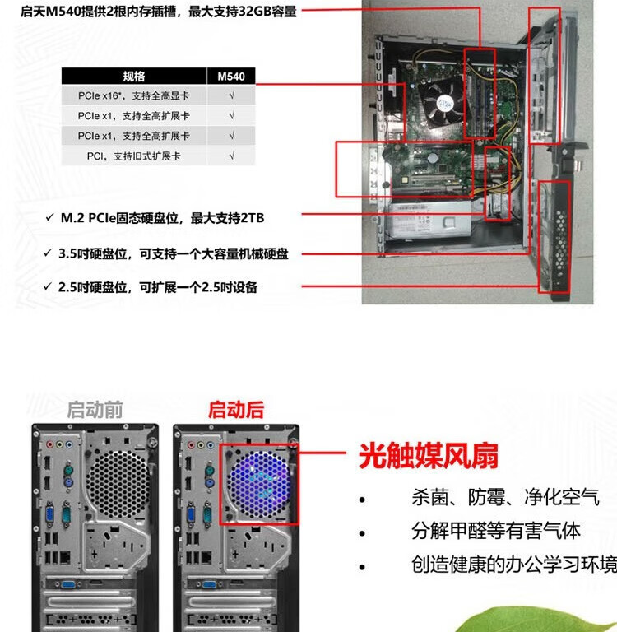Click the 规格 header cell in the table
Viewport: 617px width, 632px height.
tap(133, 77)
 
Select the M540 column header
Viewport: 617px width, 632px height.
tap(231, 77)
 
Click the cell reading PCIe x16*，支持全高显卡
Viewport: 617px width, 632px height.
tap(133, 96)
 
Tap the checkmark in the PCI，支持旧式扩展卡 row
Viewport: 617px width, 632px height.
tap(231, 156)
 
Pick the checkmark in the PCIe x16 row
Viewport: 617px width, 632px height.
tap(231, 96)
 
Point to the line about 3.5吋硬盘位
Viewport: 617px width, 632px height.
tap(173, 254)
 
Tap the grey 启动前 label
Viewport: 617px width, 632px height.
tap(95, 410)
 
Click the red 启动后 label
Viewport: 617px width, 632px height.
tap(235, 410)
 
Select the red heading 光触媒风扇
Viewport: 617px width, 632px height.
tap(428, 456)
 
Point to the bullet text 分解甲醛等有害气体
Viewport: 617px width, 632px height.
tap(496, 531)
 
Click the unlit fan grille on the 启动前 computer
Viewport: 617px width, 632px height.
tap(118, 480)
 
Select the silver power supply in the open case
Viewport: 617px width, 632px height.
tap(433, 221)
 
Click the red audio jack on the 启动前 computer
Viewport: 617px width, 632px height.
tap(49, 444)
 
